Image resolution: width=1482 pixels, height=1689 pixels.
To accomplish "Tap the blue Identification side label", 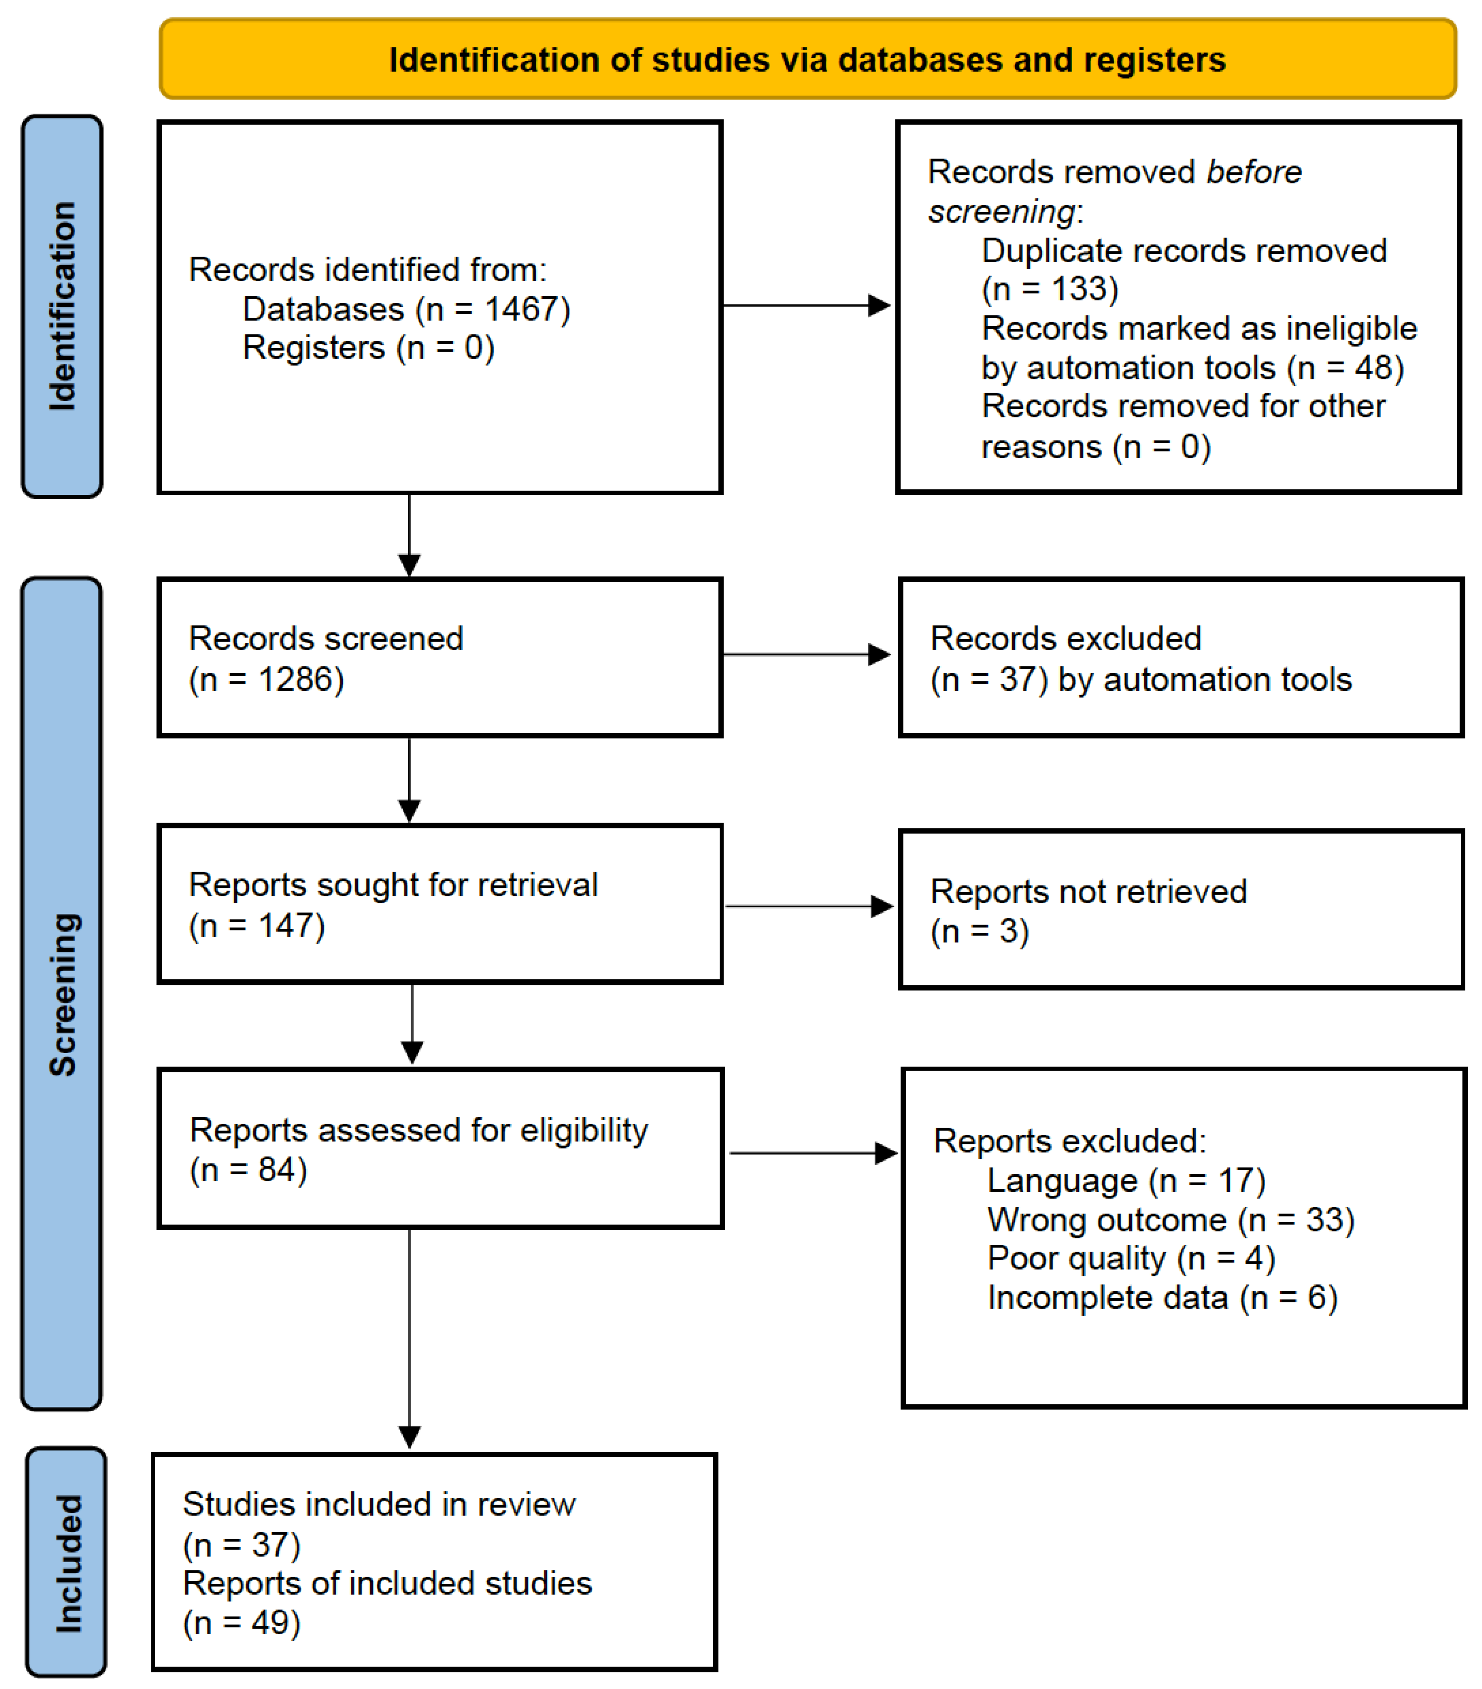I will pyautogui.click(x=62, y=306).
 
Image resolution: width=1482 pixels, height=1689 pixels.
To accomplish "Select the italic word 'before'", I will pyautogui.click(x=1253, y=172).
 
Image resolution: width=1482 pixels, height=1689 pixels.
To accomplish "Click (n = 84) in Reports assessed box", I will pyautogui.click(x=248, y=1170).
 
